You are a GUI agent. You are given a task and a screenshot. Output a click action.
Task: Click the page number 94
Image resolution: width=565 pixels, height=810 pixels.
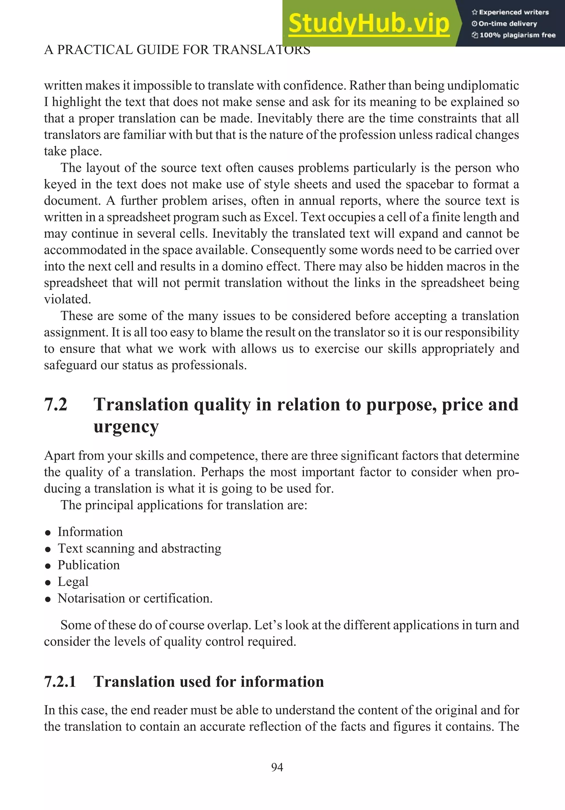pos(277,767)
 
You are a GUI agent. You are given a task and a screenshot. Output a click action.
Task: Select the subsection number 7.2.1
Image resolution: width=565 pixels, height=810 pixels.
pos(60,682)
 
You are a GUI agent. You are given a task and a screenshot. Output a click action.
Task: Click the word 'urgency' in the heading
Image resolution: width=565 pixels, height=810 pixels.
pos(126,427)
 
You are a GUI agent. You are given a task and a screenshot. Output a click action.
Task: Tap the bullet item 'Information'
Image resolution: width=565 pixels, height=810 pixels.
pos(90,532)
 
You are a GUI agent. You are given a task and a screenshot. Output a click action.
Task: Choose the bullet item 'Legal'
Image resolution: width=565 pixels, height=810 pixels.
pos(73,581)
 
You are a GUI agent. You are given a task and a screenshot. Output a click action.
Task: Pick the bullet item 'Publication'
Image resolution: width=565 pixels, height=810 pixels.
pos(89,565)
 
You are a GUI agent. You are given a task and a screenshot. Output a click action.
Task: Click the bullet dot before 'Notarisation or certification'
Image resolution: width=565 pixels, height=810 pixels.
pos(48,599)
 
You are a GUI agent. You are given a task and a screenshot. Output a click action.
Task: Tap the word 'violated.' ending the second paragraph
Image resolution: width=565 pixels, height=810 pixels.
pos(67,299)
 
